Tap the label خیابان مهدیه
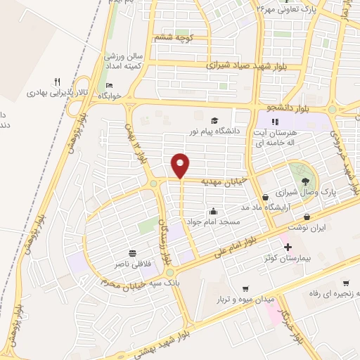[x=225, y=181]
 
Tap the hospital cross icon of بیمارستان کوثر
[x=287, y=247]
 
